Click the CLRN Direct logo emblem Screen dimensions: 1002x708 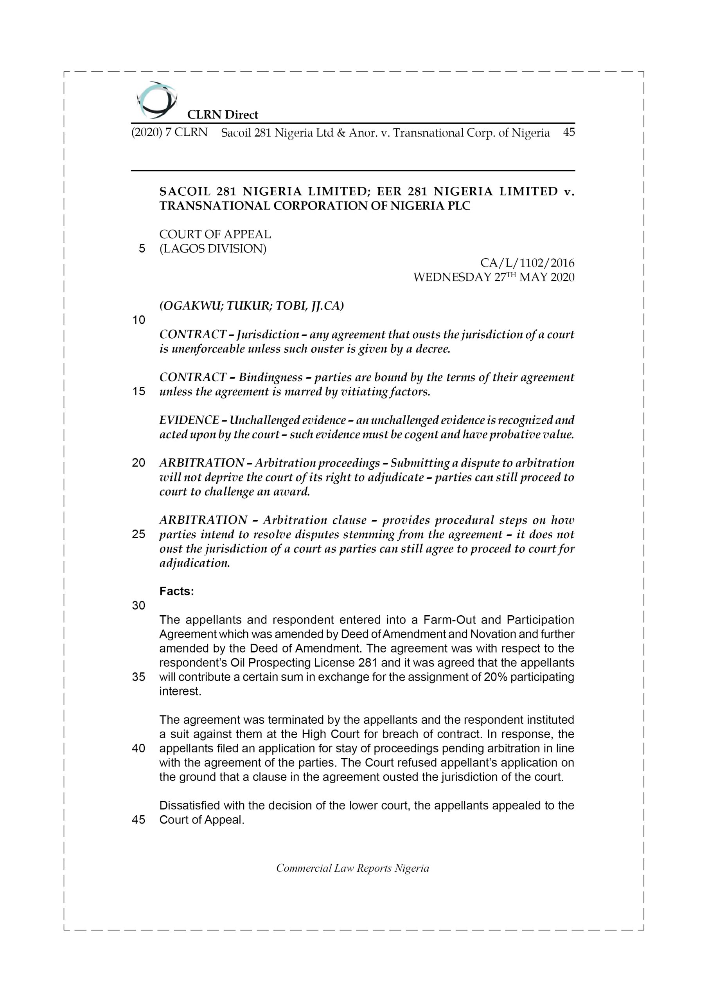click(156, 100)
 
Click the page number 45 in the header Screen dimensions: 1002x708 click(568, 132)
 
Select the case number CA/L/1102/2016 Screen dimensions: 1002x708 click(527, 263)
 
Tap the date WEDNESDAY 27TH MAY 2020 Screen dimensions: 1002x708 click(493, 278)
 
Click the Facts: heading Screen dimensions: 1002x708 click(177, 591)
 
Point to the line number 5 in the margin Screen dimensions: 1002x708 click(142, 249)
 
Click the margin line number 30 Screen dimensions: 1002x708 click(139, 605)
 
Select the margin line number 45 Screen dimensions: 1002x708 click(139, 820)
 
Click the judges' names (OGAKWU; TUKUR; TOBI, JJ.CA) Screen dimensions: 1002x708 click(252, 306)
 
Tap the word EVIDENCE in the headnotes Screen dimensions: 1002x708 click(189, 420)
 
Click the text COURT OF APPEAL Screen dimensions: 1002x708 click(215, 234)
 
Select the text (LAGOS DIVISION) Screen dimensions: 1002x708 click(213, 249)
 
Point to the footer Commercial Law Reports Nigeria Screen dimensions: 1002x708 click(352, 868)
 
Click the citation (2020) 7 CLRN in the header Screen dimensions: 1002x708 click(169, 132)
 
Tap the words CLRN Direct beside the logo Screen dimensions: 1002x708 click(223, 115)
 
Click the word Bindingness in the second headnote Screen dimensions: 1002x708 click(270, 377)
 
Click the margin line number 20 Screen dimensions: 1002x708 click(139, 463)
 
